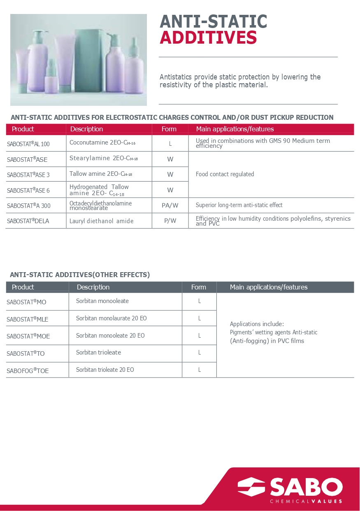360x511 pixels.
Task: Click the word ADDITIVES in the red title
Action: (208, 38)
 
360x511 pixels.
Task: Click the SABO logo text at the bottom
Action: (306, 487)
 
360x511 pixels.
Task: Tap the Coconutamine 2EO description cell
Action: (102, 142)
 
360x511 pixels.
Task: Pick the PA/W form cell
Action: (170, 205)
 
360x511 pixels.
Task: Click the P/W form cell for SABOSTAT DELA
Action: (170, 221)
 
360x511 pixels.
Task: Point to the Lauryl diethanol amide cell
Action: (101, 221)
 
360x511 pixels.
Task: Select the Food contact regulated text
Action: (225, 174)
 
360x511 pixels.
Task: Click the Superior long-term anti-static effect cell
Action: (239, 205)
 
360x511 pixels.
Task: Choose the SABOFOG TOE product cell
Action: (28, 371)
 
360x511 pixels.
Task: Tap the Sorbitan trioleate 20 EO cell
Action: (105, 370)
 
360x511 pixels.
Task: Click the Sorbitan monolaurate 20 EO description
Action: (111, 318)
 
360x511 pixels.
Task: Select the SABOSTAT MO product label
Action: (26, 302)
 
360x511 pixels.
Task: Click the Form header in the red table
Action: (169, 129)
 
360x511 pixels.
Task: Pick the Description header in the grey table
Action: (93, 287)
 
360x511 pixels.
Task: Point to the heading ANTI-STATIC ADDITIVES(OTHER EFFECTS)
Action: (80, 275)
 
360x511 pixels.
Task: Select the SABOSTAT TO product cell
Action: (26, 353)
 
